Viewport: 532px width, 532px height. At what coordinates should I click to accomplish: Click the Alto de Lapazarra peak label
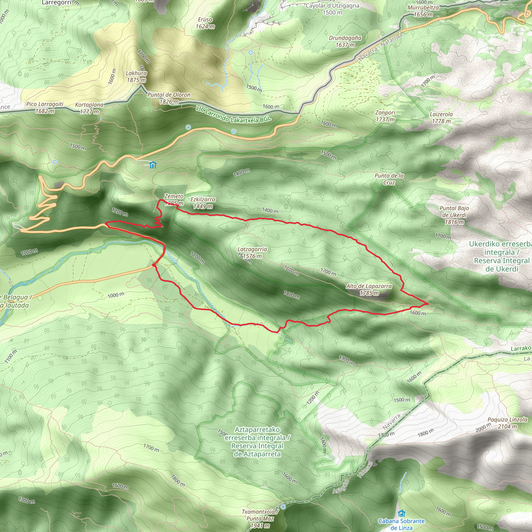point(369,290)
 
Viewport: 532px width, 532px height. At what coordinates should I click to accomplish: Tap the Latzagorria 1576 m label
point(252,252)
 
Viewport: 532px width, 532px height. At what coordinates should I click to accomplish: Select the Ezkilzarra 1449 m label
point(203,203)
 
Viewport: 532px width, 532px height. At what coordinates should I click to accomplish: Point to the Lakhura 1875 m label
point(136,77)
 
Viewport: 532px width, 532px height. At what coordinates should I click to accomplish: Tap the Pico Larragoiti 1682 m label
point(45,107)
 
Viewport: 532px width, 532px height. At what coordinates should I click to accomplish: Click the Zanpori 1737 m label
point(385,116)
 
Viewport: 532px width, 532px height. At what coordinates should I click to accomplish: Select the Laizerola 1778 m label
point(441,118)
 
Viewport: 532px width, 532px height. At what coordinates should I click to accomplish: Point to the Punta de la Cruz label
point(389,179)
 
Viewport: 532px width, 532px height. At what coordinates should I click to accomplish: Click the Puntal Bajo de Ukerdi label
point(454,215)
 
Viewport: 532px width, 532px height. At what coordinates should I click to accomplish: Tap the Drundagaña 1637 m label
point(345,41)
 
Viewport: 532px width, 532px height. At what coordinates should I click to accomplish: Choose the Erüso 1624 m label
point(205,23)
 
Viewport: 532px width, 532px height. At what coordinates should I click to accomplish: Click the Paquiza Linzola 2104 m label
point(508,423)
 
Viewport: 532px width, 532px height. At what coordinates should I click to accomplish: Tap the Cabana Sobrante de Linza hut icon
point(402,513)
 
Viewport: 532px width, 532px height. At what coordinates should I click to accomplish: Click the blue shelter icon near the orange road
point(152,165)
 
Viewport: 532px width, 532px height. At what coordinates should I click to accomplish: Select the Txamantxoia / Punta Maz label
point(260,519)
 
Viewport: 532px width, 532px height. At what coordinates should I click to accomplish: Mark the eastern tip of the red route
point(428,303)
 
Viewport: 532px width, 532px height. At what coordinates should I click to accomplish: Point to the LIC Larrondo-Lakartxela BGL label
point(234,115)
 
